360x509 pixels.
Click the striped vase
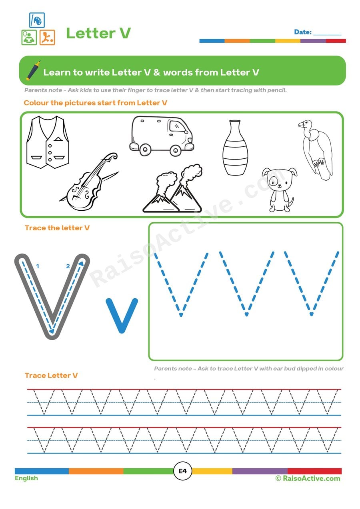click(235, 148)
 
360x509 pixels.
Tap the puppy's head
click(279, 178)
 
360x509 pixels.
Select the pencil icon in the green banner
click(33, 70)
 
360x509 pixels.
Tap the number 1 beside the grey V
click(37, 265)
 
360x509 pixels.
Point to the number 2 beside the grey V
click(68, 266)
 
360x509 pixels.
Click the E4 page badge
click(182, 471)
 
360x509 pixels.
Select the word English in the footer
click(26, 478)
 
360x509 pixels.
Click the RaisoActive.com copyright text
click(308, 478)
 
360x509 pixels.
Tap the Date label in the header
click(303, 32)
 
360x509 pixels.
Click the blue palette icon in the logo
click(37, 20)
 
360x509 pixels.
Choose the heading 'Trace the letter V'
click(57, 228)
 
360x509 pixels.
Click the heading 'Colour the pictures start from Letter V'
click(95, 103)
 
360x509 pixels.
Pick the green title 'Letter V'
click(98, 33)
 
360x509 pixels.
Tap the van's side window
click(177, 127)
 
